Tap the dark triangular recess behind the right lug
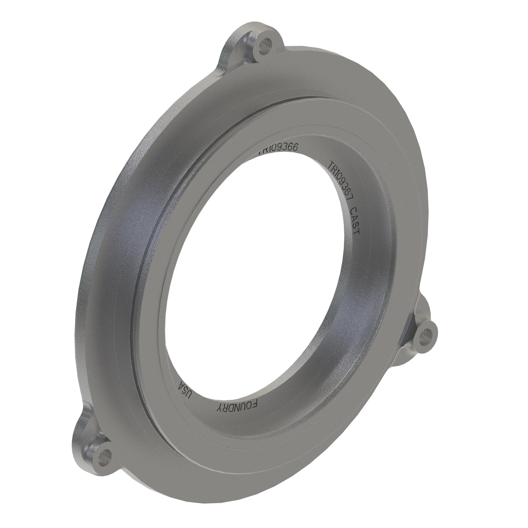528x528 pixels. pos(410,328)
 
